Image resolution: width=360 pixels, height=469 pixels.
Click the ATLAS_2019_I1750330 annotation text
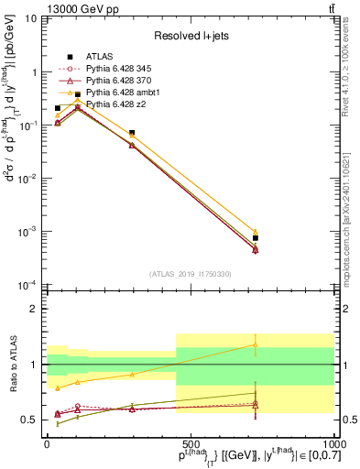[x=190, y=274]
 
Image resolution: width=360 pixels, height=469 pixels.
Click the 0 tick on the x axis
[x=48, y=442]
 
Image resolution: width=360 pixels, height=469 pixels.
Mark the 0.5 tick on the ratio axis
[x=31, y=420]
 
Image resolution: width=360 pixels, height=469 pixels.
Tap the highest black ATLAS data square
[x=78, y=94]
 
